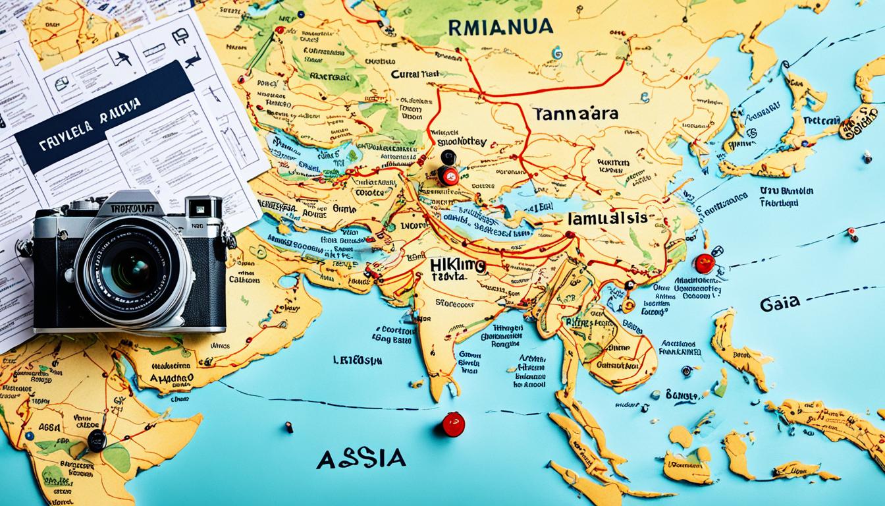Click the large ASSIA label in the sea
[361, 459]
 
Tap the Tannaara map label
[576, 113]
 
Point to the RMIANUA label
[500, 27]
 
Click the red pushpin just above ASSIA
[453, 424]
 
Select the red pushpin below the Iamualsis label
[704, 264]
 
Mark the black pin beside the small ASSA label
[97, 439]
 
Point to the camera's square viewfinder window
[196, 208]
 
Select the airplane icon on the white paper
[122, 58]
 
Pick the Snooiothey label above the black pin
[458, 141]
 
